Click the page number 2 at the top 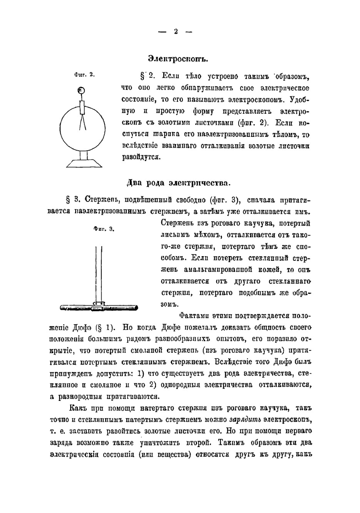point(176,32)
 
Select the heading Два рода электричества point(178,183)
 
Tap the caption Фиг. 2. point(84,75)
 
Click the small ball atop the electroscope point(82,90)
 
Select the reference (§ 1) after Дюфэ point(105,328)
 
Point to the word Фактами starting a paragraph point(194,316)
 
